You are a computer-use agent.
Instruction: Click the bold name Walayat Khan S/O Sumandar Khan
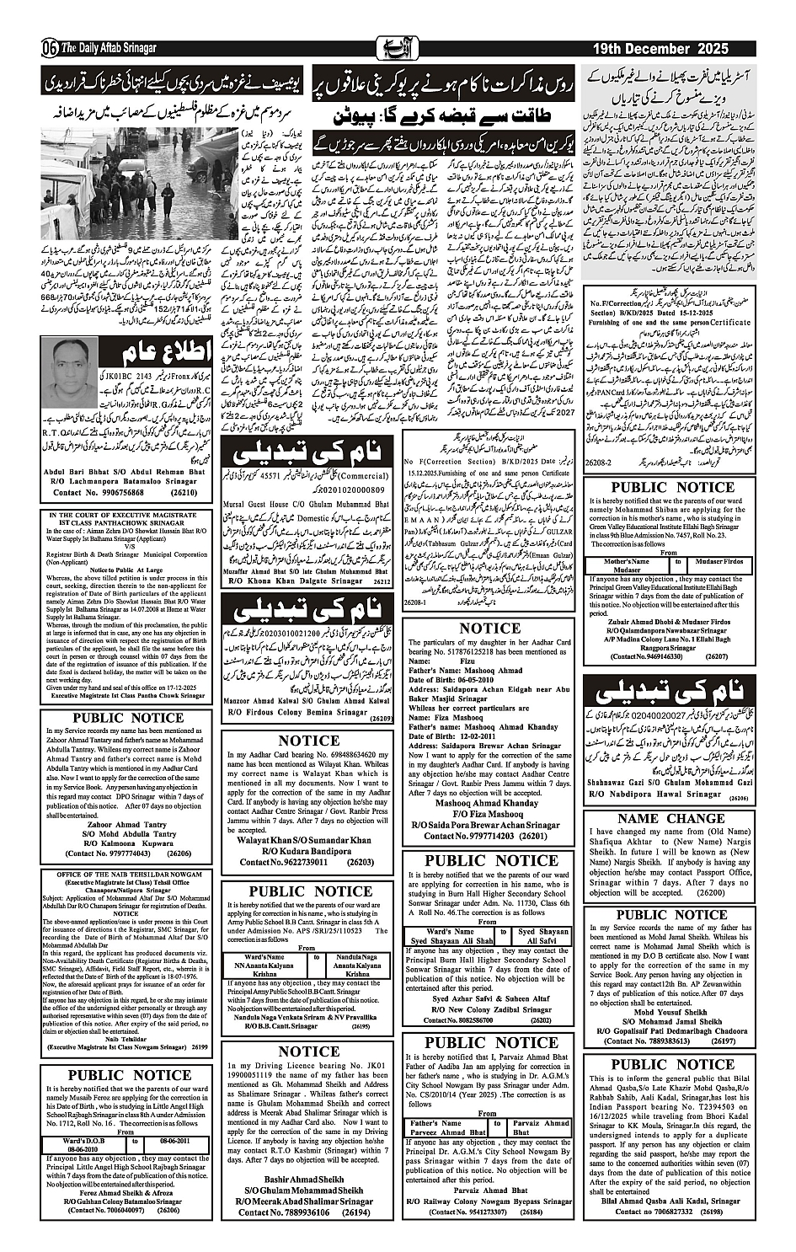[x=304, y=840]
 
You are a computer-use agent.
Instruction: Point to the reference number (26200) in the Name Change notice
[x=710, y=892]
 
